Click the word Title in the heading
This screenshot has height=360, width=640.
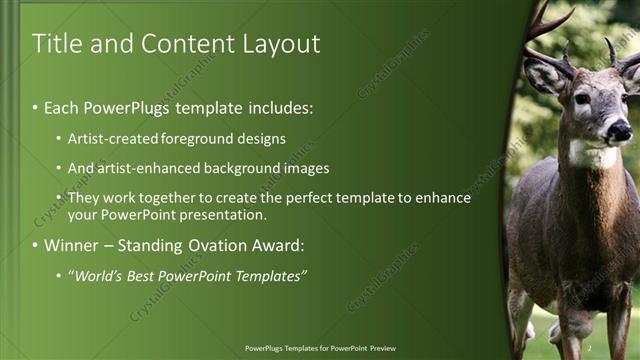point(57,44)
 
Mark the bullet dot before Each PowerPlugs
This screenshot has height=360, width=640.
point(36,107)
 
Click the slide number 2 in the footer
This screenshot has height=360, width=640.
point(589,348)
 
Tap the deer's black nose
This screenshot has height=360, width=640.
point(620,129)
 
